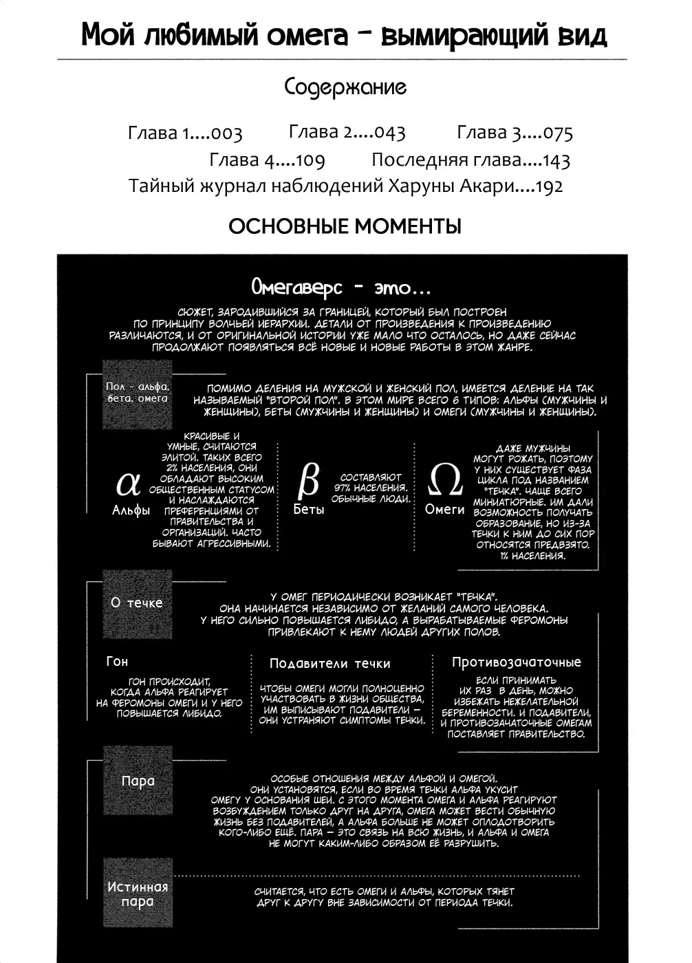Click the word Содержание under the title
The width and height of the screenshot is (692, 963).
coord(345,87)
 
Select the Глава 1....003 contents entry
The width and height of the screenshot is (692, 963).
coord(185,133)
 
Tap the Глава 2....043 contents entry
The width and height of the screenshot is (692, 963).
coord(347,131)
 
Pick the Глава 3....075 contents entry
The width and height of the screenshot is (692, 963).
coord(515,132)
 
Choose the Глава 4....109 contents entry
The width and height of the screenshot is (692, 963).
coord(267,160)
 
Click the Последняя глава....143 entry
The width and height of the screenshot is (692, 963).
coord(471,160)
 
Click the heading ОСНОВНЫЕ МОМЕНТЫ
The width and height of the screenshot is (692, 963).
coord(345,226)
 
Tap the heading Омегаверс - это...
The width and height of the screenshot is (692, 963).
coord(341,287)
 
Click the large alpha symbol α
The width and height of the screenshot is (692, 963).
coord(129,484)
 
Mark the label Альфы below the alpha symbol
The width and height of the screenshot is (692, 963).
coord(131,510)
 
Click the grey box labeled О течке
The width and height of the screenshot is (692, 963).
coord(137,603)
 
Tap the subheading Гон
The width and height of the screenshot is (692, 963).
coord(117,661)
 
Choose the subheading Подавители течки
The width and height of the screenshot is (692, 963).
coord(329,664)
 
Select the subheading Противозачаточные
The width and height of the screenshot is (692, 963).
coord(516,662)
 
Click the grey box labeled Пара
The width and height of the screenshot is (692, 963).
coord(138,781)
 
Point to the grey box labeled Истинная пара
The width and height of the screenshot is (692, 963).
coord(138,894)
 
